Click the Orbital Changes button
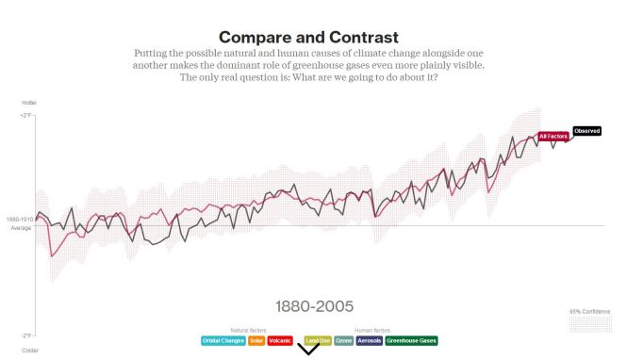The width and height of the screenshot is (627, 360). click(223, 340)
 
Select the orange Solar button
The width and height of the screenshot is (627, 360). click(256, 340)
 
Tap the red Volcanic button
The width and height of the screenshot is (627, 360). click(280, 340)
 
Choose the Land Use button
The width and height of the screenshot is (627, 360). click(317, 340)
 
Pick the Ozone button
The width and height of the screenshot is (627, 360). click(343, 340)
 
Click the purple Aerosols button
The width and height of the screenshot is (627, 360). click(370, 340)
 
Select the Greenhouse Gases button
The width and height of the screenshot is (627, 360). click(412, 340)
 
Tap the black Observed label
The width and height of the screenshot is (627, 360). click(586, 131)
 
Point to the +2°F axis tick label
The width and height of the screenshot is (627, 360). click(26, 115)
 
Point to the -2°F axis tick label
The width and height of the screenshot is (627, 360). click(26, 335)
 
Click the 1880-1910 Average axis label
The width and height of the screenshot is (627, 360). click(21, 223)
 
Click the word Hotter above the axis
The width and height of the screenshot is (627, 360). click(29, 102)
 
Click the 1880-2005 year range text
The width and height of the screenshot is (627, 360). click(314, 306)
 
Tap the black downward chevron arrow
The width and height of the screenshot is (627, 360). click(308, 350)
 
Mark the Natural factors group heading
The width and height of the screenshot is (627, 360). click(249, 330)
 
